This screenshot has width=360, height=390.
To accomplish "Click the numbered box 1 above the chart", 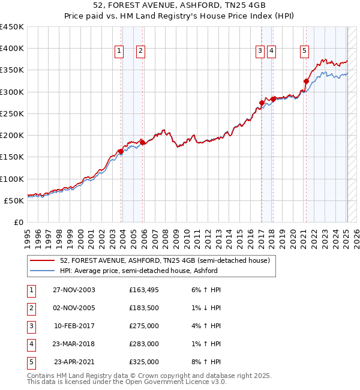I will (x=119, y=52).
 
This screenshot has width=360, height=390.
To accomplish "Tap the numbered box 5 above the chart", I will (x=305, y=52).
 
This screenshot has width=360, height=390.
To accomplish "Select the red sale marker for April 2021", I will (x=306, y=81).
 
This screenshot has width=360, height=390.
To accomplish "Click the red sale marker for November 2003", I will (x=121, y=151).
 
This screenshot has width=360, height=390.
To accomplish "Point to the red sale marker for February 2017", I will (x=262, y=103).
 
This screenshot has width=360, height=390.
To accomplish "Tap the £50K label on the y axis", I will (x=14, y=200).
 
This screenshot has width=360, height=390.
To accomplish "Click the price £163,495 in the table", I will (x=144, y=290).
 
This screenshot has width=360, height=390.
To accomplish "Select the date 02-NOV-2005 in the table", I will (x=74, y=308).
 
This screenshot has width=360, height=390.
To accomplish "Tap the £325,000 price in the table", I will (x=144, y=362).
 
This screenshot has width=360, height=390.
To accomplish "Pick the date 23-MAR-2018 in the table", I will (x=74, y=344).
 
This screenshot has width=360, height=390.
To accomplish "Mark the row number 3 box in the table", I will (x=30, y=326).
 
